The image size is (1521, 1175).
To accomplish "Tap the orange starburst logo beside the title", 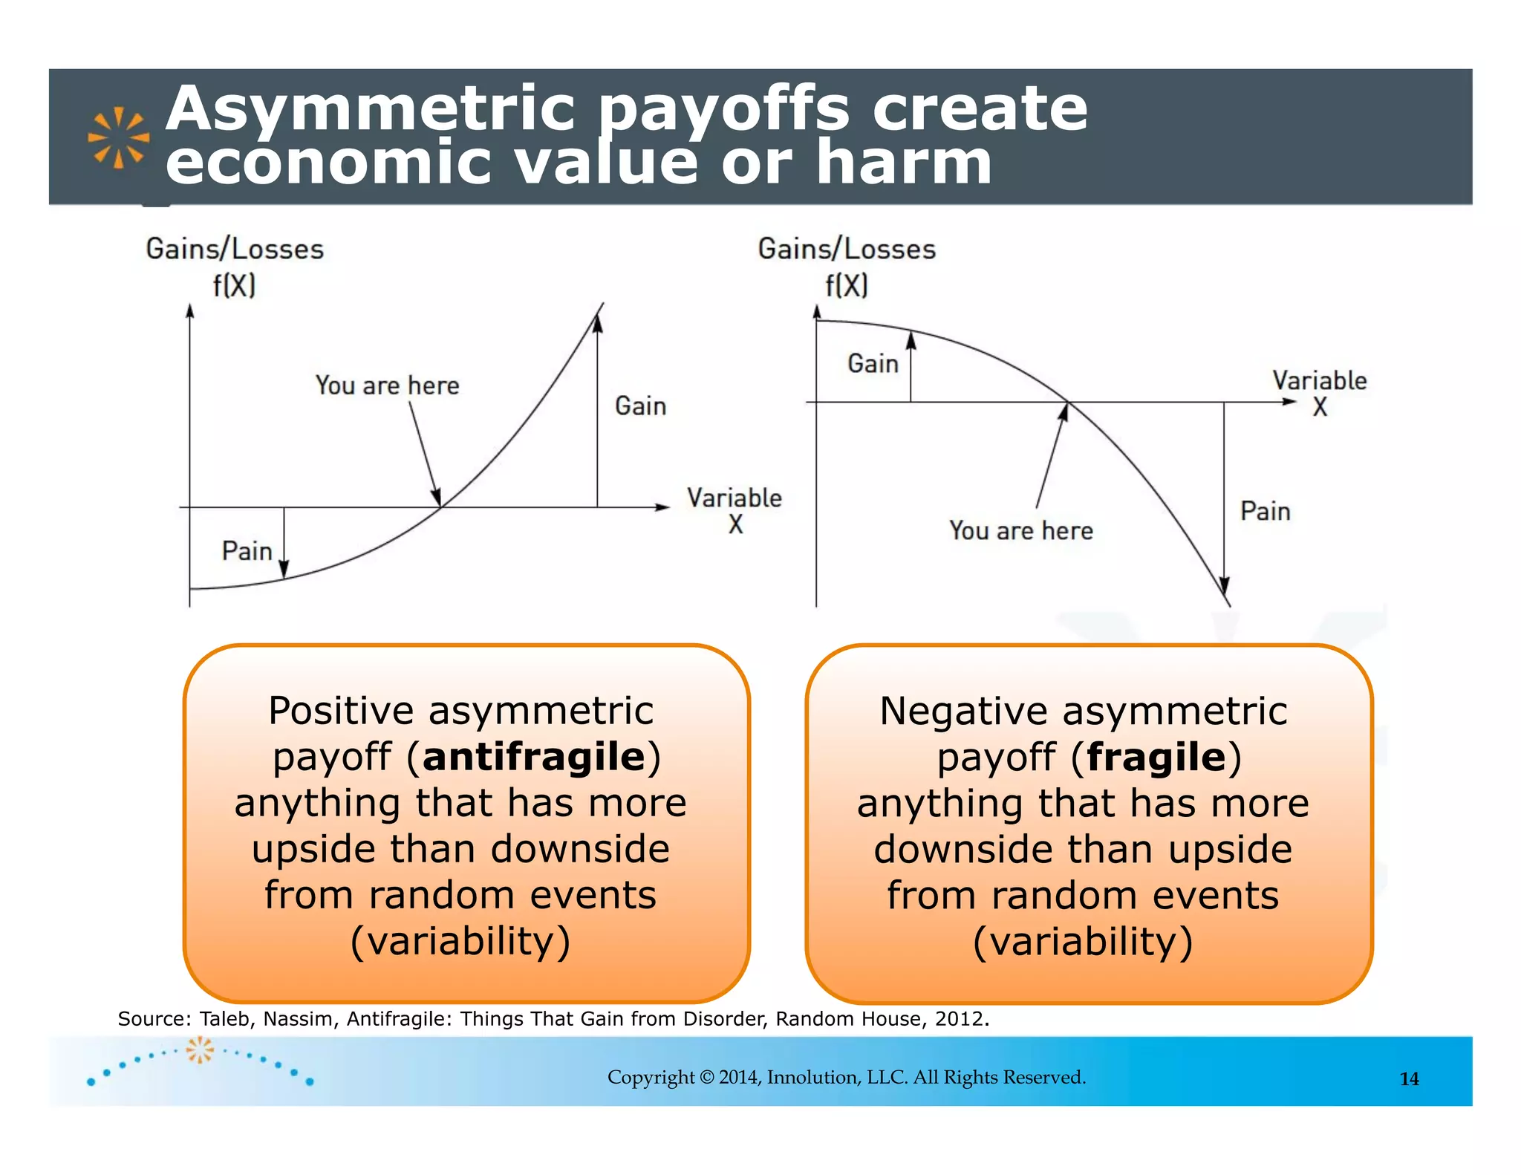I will click(x=118, y=137).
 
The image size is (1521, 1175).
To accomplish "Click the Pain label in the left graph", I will click(x=247, y=551).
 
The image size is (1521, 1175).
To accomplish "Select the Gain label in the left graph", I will click(x=640, y=406).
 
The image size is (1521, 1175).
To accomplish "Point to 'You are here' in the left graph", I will click(x=387, y=385).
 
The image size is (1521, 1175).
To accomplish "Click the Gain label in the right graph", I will click(x=873, y=364).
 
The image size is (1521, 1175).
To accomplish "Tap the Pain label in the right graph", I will click(x=1265, y=512).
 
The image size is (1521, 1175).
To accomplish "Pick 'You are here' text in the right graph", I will click(x=1020, y=531).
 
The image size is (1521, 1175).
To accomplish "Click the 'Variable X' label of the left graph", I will click(x=734, y=510).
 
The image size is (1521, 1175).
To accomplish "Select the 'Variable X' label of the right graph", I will click(x=1319, y=393).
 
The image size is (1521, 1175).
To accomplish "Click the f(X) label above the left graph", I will click(x=234, y=285).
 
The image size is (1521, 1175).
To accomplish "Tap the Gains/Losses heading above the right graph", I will click(x=846, y=250).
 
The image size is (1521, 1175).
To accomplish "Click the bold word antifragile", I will click(x=534, y=757).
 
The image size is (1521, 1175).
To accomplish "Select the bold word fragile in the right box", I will click(x=1156, y=757).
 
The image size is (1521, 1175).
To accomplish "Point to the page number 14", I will click(x=1409, y=1079).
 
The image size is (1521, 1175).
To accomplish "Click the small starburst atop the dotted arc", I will click(x=199, y=1050).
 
